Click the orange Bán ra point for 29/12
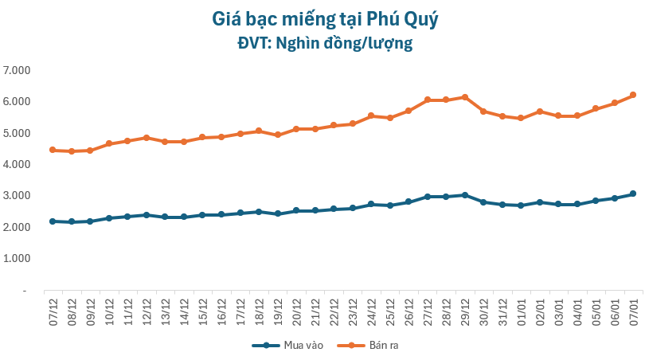tap(465, 97)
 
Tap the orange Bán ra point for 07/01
tap(633, 95)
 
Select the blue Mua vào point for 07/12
tap(53, 221)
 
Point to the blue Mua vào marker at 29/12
tap(465, 195)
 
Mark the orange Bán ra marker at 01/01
tap(521, 118)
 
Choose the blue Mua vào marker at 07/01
tap(633, 194)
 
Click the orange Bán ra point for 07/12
tap(53, 150)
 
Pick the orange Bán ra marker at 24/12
tap(371, 115)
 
